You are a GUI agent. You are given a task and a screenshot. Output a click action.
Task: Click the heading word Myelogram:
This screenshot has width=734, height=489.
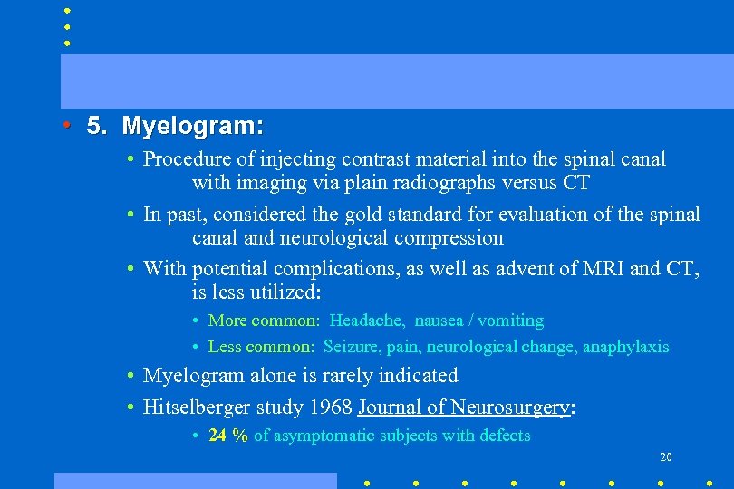point(192,126)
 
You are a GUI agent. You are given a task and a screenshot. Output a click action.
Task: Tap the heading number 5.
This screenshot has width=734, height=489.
point(96,126)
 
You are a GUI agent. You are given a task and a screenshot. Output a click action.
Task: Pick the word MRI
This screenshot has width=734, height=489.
point(595,269)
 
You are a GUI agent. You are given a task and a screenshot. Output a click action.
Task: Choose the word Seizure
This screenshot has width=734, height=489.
point(351,347)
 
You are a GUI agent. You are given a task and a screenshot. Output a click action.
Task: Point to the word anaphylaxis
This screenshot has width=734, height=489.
point(625,347)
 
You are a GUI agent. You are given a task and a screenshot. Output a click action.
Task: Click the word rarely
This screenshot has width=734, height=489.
point(324,376)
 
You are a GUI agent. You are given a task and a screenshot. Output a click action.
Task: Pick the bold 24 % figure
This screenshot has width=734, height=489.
point(228,436)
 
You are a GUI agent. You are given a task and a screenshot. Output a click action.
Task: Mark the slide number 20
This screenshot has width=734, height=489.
point(665,457)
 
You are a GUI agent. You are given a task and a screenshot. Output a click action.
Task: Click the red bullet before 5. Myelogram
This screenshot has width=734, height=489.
point(67,125)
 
